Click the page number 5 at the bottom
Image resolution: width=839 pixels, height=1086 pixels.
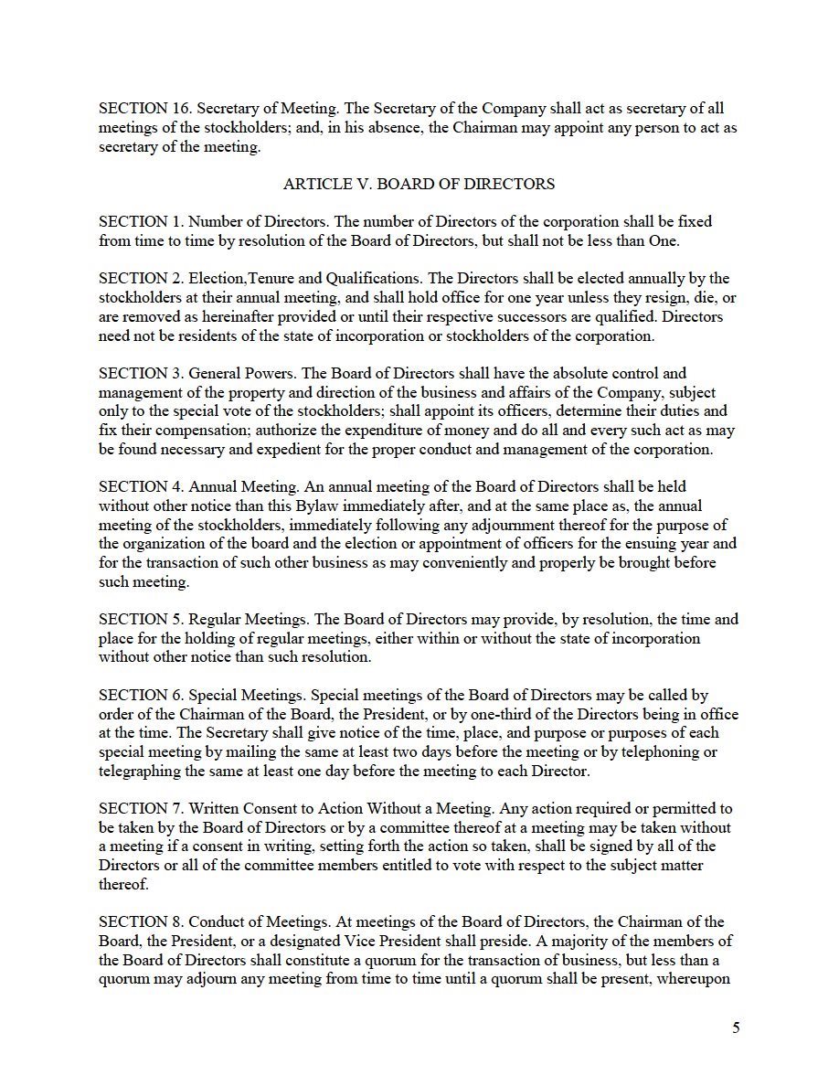(x=736, y=1027)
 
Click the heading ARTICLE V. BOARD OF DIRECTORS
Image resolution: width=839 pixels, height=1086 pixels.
(x=419, y=184)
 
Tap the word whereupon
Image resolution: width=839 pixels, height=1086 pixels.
(x=701, y=978)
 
